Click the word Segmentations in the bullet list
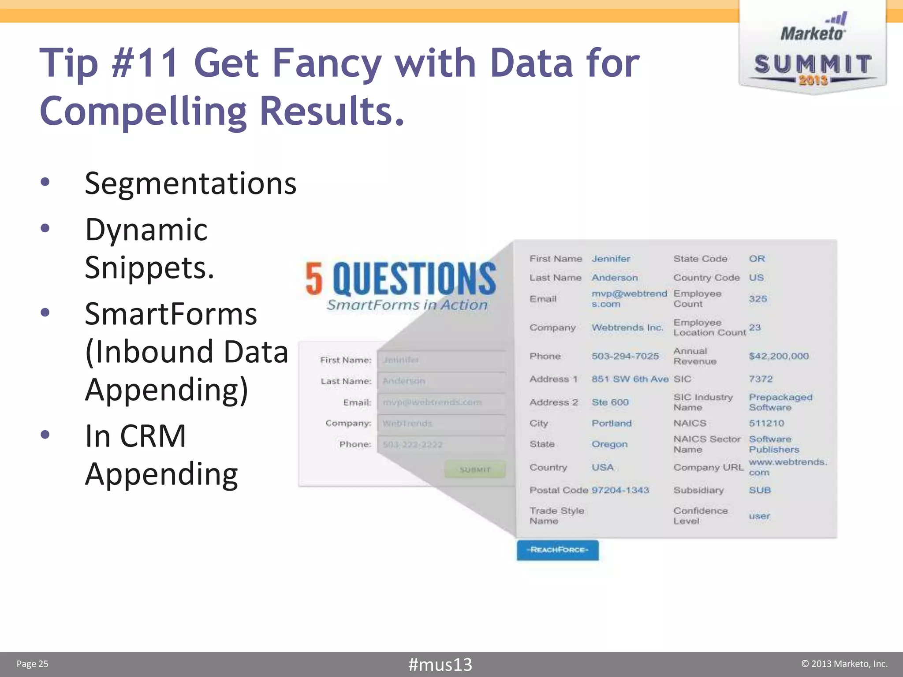[190, 183]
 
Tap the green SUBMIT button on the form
[475, 469]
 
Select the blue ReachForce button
[557, 550]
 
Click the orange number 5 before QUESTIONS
[314, 279]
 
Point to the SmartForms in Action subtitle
[407, 305]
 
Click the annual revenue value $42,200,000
[779, 356]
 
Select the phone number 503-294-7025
[625, 356]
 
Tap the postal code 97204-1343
[620, 490]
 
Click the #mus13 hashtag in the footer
[440, 664]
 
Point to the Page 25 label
[32, 664]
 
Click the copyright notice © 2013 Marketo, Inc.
[844, 664]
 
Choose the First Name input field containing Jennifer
[441, 360]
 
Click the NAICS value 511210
[766, 423]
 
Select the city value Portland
[612, 423]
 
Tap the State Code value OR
[757, 259]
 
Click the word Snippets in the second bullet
[149, 268]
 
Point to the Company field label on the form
[348, 423]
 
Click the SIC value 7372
[761, 379]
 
